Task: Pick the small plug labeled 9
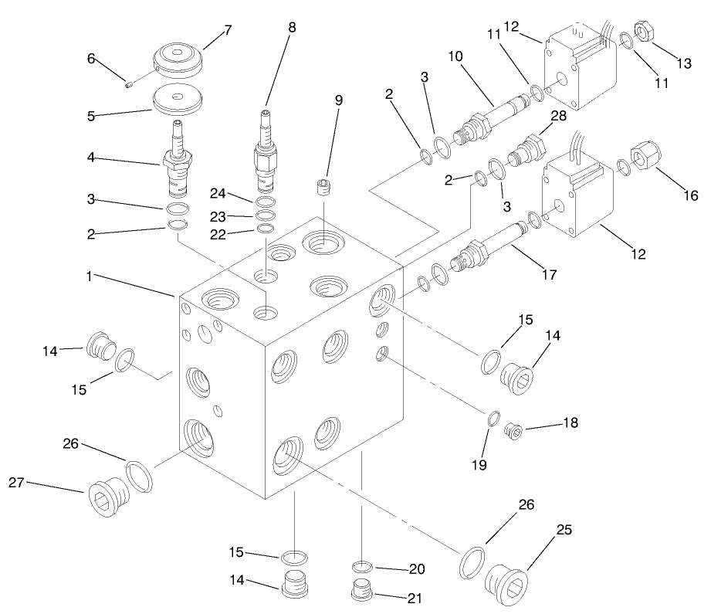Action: point(323,187)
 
